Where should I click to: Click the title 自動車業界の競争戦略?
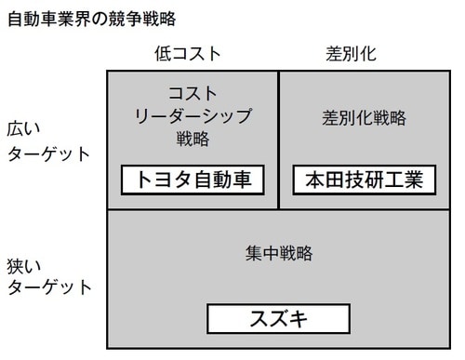[x=91, y=18]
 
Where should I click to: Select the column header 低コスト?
[x=188, y=53]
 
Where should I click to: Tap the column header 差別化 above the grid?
[x=352, y=53]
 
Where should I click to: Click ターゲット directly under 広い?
[x=49, y=153]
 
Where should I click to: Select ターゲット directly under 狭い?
[x=49, y=287]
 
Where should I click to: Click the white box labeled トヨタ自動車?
[x=193, y=180]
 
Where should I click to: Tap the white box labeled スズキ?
[x=279, y=319]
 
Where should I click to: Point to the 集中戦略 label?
[x=279, y=253]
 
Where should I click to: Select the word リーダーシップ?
[x=193, y=117]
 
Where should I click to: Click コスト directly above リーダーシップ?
[x=193, y=94]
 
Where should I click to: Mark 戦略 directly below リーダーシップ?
[x=193, y=140]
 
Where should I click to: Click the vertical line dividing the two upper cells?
[x=279, y=140]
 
